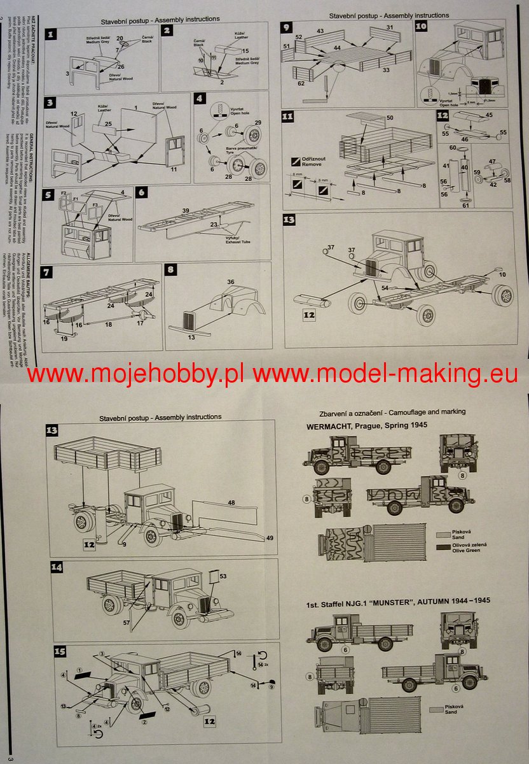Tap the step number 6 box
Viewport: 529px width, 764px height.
(x=142, y=192)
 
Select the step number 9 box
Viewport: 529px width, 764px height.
(x=287, y=27)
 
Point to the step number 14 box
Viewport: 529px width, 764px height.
(x=58, y=567)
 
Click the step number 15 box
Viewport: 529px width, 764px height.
(x=58, y=651)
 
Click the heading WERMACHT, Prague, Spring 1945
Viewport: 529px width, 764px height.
(x=367, y=424)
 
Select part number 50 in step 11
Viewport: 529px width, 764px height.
(x=390, y=119)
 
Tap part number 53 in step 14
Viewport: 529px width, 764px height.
(x=223, y=576)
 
